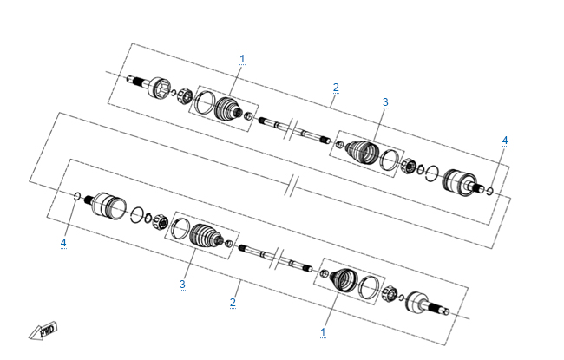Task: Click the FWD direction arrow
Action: click(x=43, y=331)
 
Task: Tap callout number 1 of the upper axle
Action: click(x=242, y=59)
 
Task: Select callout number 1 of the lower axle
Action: click(x=323, y=331)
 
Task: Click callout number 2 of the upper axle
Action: click(x=336, y=88)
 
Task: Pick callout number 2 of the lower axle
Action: click(x=233, y=302)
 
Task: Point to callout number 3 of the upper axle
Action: click(x=385, y=102)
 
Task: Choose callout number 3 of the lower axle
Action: click(x=182, y=285)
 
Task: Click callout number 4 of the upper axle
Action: click(x=505, y=141)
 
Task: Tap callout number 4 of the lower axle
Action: click(x=63, y=243)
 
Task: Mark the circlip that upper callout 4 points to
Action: click(x=489, y=191)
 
